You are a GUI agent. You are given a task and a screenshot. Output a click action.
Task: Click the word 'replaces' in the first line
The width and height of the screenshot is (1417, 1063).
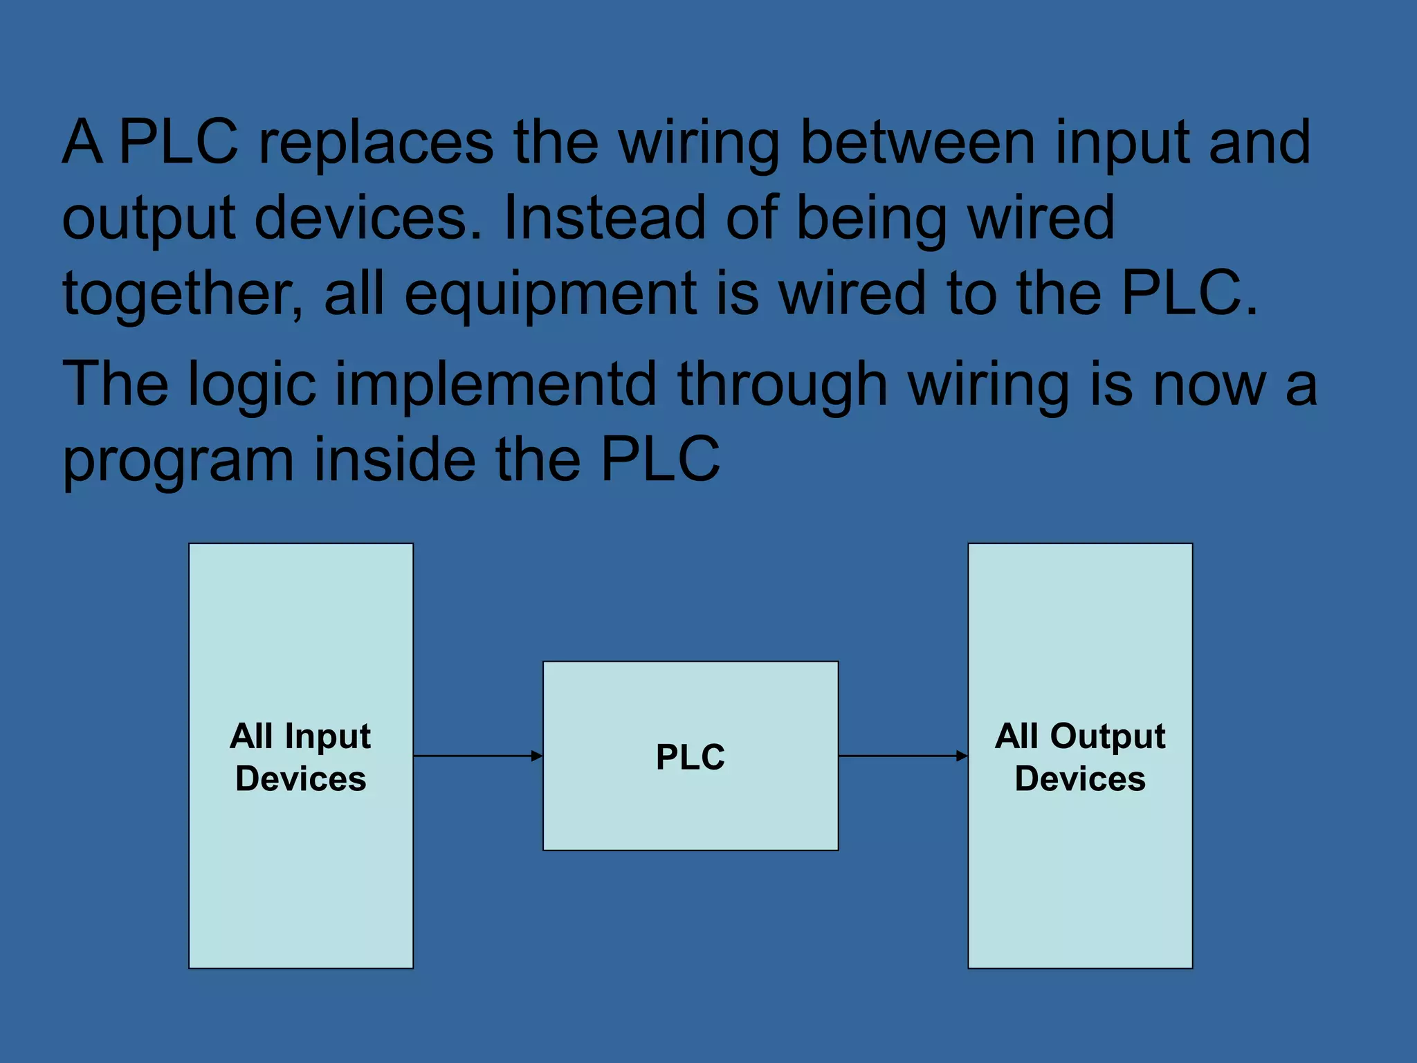376,143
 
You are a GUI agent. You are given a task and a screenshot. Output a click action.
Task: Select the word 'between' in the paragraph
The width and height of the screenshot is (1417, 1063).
917,143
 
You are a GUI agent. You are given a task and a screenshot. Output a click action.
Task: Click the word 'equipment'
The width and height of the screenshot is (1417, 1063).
550,294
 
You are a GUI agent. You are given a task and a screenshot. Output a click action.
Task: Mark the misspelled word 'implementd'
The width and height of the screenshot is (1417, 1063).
495,385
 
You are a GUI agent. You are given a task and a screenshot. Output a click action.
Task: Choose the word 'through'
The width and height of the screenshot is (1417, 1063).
783,385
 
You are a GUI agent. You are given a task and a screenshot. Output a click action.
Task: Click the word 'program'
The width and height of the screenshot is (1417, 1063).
178,461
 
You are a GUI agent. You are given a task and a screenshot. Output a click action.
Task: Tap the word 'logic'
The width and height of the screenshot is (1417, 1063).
252,385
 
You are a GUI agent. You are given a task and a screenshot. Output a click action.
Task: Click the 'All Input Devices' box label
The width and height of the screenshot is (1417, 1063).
301,756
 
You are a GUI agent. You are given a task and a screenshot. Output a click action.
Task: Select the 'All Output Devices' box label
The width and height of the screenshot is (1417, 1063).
1080,756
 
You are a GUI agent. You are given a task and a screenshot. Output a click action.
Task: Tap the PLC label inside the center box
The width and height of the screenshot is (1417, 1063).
691,756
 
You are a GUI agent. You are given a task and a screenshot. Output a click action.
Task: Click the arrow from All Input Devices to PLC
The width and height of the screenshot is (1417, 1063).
477,756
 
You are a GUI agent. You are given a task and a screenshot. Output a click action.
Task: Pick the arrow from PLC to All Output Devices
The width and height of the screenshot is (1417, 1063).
903,756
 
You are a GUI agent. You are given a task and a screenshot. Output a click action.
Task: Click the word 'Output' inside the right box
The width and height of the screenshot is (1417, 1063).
1108,736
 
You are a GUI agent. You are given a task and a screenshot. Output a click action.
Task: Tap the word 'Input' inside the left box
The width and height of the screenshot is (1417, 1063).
328,736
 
